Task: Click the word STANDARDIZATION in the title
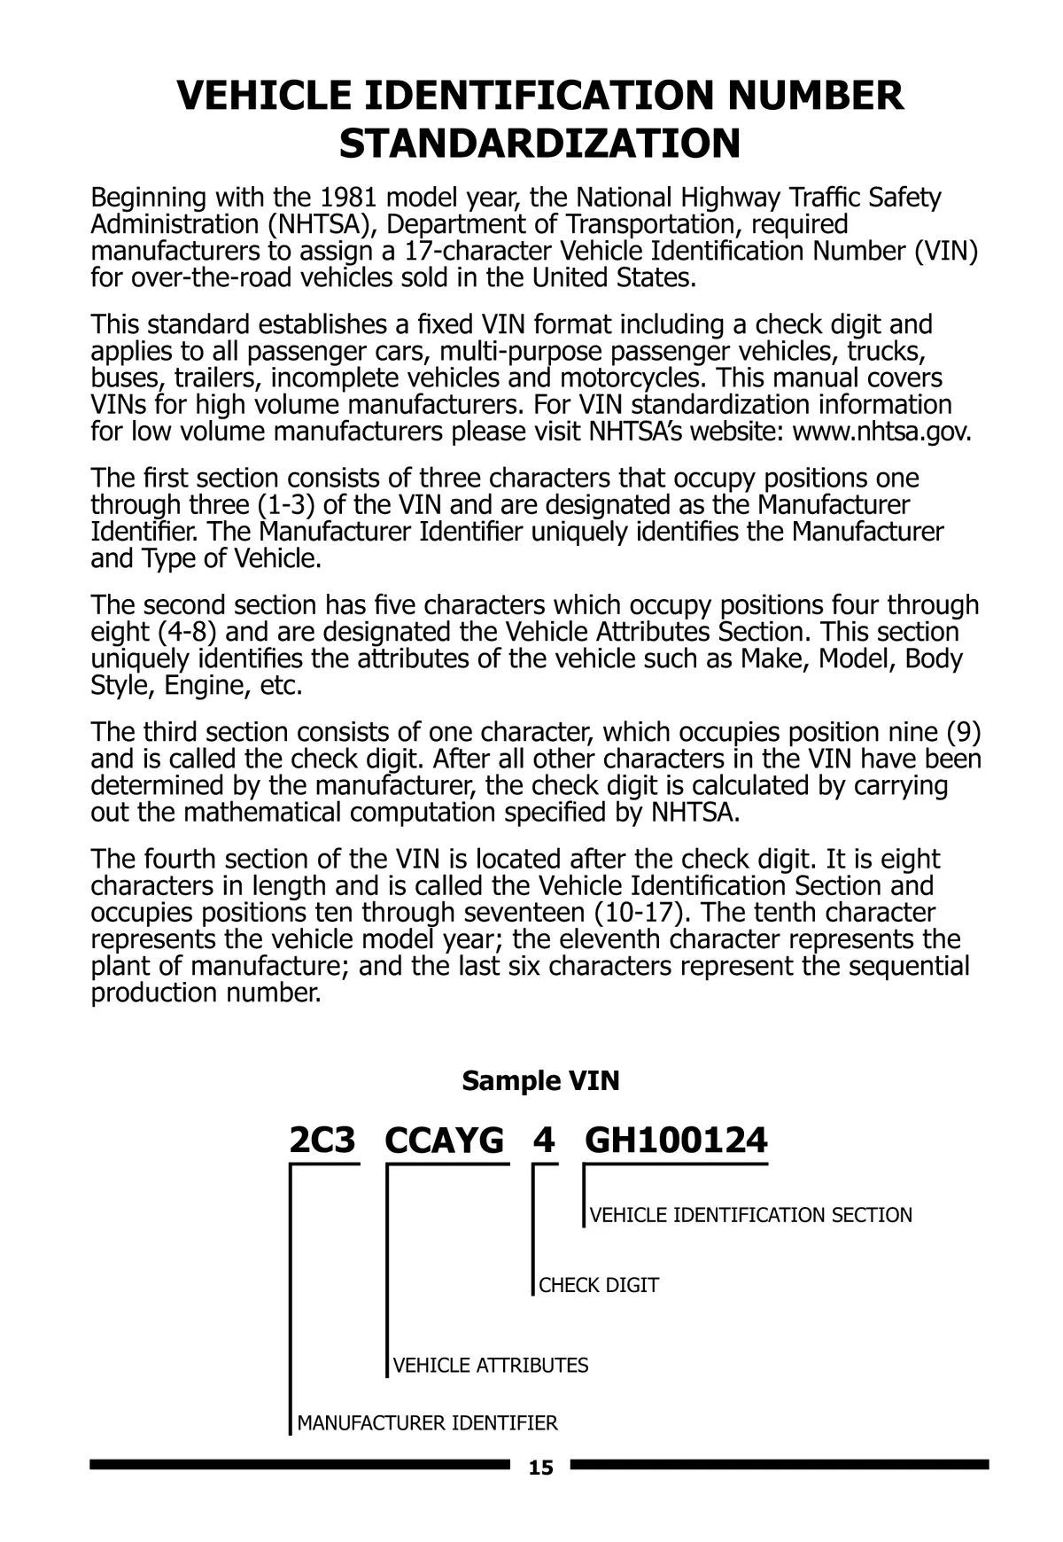539,144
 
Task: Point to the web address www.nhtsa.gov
881,432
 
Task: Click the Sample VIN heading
540,1080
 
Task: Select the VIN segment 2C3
322,1141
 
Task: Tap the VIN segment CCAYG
444,1141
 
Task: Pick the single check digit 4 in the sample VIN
544,1141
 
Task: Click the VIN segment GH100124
676,1141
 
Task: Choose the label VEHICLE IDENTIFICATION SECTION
751,1215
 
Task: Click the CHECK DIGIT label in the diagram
599,1285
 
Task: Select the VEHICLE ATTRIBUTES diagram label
491,1365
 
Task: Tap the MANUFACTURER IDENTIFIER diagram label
427,1423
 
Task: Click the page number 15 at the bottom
540,1468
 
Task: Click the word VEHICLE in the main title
265,96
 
